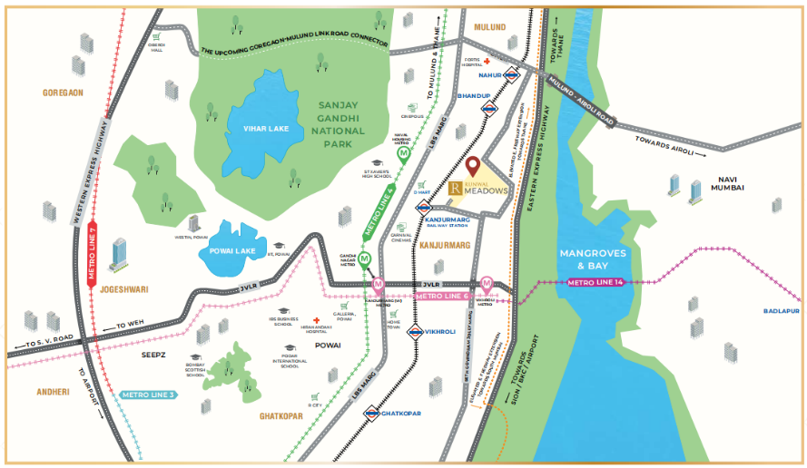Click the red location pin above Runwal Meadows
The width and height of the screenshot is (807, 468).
472,165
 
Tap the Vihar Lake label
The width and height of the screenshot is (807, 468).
266,129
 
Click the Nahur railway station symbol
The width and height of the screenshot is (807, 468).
513,76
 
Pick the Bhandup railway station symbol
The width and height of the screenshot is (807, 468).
490,106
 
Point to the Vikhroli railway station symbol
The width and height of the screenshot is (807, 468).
415,332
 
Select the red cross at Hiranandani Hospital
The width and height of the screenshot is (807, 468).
316,322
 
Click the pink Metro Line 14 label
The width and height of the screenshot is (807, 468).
596,283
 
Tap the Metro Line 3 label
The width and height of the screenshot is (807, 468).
147,395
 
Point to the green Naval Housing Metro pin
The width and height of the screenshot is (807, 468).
403,154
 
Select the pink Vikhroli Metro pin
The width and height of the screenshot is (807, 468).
487,283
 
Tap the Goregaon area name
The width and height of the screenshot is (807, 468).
63,93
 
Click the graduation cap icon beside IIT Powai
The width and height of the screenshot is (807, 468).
279,248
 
